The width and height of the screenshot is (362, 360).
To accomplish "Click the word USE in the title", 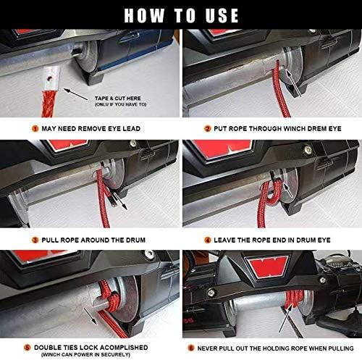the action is pos(222,16).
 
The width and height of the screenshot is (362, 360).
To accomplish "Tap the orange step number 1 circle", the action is pos(35,128).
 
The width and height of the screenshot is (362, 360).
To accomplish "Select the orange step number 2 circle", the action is pos(208,128).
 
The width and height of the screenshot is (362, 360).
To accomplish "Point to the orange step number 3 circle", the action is pos(35,240).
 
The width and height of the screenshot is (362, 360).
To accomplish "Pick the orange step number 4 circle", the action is pos(208,240).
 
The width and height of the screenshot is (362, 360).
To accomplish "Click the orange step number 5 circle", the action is pos(28,348).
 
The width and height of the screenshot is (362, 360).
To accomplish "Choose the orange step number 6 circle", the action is pos(191,348).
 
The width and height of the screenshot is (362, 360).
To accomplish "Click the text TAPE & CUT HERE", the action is pos(118,99).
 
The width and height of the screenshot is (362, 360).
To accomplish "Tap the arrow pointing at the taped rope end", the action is pos(76,94).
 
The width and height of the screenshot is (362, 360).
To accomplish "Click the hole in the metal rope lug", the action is pos(50,78).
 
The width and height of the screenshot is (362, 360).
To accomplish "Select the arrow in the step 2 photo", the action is pos(293,83).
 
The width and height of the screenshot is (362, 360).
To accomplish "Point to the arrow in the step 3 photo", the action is pos(120,201).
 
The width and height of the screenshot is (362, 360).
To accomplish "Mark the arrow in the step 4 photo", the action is pos(288,191).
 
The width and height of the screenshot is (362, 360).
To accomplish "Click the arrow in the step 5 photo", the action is pos(90,316).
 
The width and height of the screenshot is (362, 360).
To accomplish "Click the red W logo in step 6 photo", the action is pos(268,266).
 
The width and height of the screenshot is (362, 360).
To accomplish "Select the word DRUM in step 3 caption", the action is pos(136,240).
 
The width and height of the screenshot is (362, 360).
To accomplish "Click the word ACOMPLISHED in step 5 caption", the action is pos(124,348).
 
